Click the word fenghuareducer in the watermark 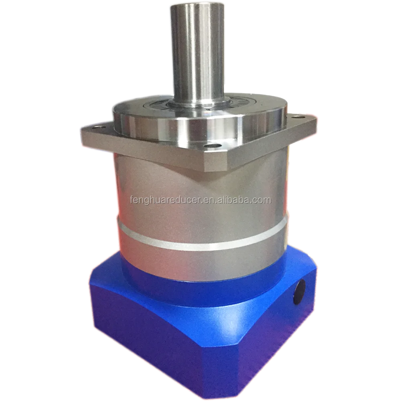pos(166,200)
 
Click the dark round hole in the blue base pos(299,292)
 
